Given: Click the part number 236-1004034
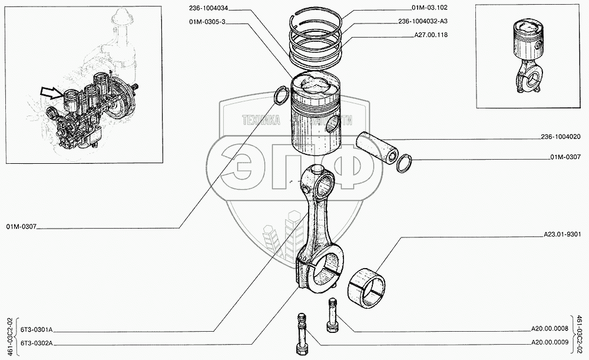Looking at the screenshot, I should point(210,8).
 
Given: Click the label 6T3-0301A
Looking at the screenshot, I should point(37,330).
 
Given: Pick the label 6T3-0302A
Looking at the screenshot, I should point(37,342).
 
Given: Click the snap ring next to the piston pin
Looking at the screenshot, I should point(404,163).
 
